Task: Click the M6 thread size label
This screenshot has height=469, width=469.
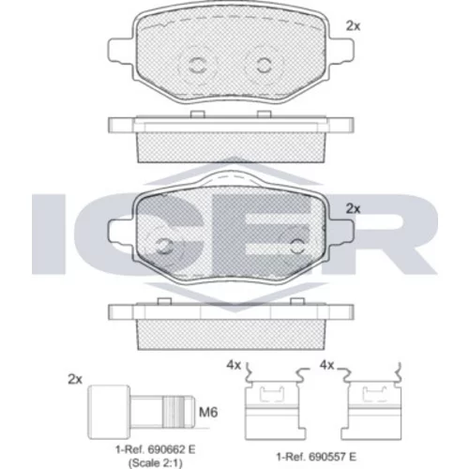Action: point(208,412)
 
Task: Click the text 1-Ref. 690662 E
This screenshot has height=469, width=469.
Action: point(156,449)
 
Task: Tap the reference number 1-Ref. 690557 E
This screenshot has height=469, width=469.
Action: point(316,457)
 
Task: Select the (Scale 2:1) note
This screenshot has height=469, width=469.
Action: point(156,462)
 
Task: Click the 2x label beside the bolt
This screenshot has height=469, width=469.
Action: point(75,379)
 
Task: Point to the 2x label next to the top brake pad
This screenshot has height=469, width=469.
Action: point(353,26)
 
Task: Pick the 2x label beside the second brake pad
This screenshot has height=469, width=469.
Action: point(353,208)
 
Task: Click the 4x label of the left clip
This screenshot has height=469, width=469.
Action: point(234,365)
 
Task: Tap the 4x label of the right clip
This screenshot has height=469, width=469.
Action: point(326,365)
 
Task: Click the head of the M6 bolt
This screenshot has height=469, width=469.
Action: point(109,412)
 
